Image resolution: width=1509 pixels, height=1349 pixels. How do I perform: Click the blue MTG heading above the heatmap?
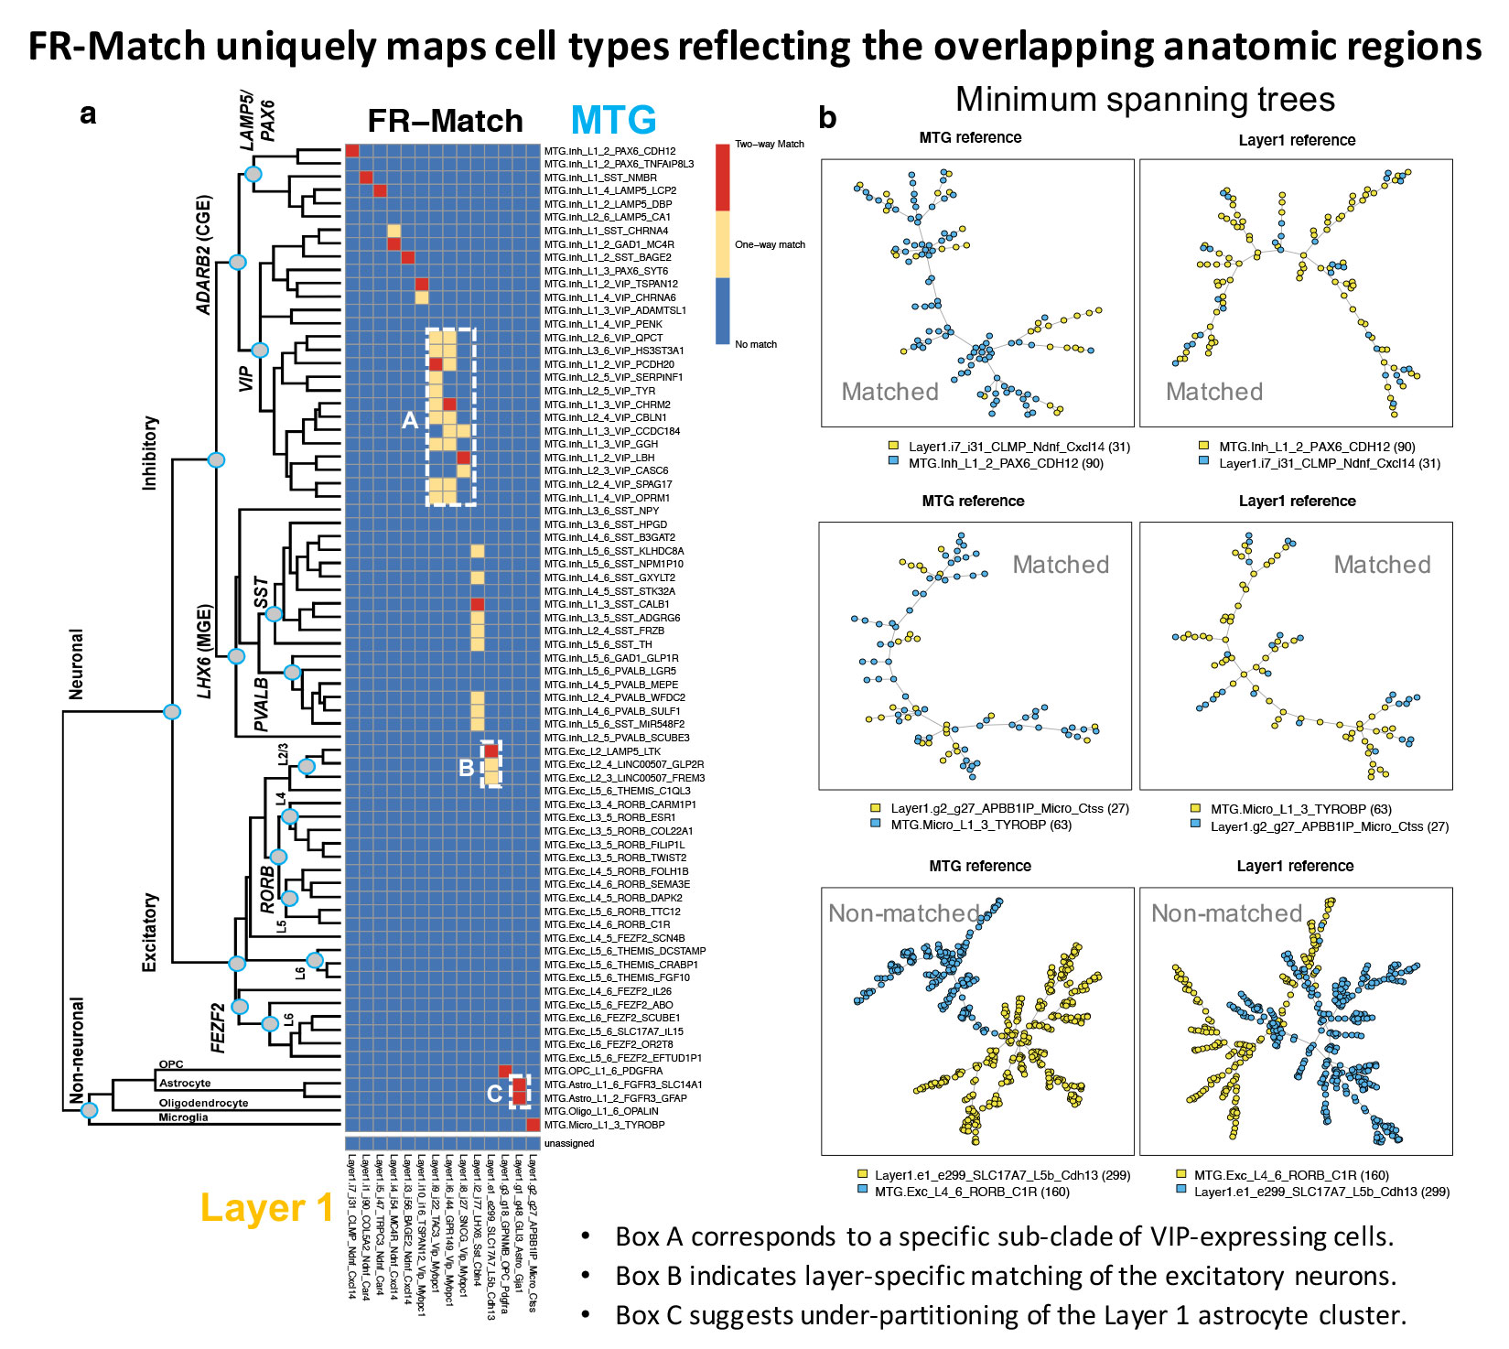click(613, 121)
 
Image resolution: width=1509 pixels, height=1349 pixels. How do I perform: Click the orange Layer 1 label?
click(266, 1208)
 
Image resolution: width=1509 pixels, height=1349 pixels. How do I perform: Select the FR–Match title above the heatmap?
click(445, 121)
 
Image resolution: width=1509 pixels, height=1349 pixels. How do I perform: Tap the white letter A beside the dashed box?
click(410, 420)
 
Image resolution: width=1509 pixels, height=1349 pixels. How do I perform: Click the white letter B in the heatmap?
click(466, 767)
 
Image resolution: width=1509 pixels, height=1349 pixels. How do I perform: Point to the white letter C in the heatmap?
click(494, 1093)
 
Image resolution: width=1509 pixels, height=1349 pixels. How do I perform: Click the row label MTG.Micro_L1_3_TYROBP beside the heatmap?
click(604, 1125)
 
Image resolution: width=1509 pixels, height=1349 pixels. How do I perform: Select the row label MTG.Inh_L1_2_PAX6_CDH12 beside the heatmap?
click(609, 151)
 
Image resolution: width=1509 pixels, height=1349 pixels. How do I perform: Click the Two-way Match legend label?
click(769, 145)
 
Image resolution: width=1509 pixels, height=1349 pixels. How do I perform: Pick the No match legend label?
click(756, 344)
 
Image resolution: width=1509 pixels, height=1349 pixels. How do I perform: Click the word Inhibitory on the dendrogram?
click(150, 453)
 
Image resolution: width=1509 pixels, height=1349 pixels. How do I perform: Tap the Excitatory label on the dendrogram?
click(150, 932)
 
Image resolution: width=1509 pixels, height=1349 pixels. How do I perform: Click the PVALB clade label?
click(262, 704)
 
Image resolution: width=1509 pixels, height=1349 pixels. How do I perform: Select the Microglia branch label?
click(183, 1117)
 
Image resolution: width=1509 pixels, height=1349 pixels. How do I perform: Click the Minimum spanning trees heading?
click(1145, 99)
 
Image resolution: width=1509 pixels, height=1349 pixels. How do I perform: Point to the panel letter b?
click(827, 118)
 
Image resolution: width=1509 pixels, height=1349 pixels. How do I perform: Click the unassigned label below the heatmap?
click(568, 1143)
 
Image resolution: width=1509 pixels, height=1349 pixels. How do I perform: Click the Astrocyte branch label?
click(185, 1083)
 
